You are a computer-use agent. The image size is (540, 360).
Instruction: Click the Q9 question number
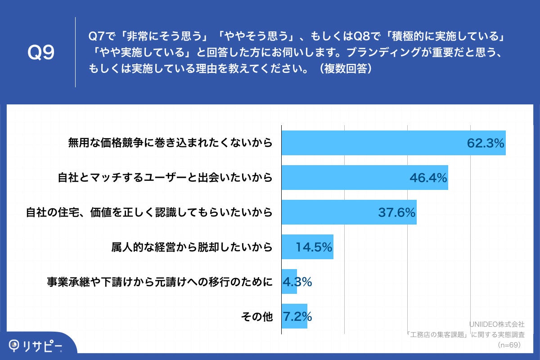click(41, 53)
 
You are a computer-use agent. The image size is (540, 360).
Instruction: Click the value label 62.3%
click(485, 143)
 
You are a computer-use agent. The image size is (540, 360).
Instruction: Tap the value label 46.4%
click(428, 178)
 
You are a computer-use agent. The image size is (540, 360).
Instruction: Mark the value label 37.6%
click(396, 212)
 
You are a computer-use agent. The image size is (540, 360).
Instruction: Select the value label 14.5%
click(314, 247)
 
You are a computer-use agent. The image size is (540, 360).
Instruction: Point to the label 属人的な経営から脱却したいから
click(192, 247)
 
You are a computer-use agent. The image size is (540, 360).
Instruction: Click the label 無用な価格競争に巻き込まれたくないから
click(170, 143)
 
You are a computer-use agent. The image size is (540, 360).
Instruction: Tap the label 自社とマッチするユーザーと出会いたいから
click(165, 178)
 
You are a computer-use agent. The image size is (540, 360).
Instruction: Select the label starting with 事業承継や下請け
click(160, 282)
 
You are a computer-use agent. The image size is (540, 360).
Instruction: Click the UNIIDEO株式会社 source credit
click(497, 324)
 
